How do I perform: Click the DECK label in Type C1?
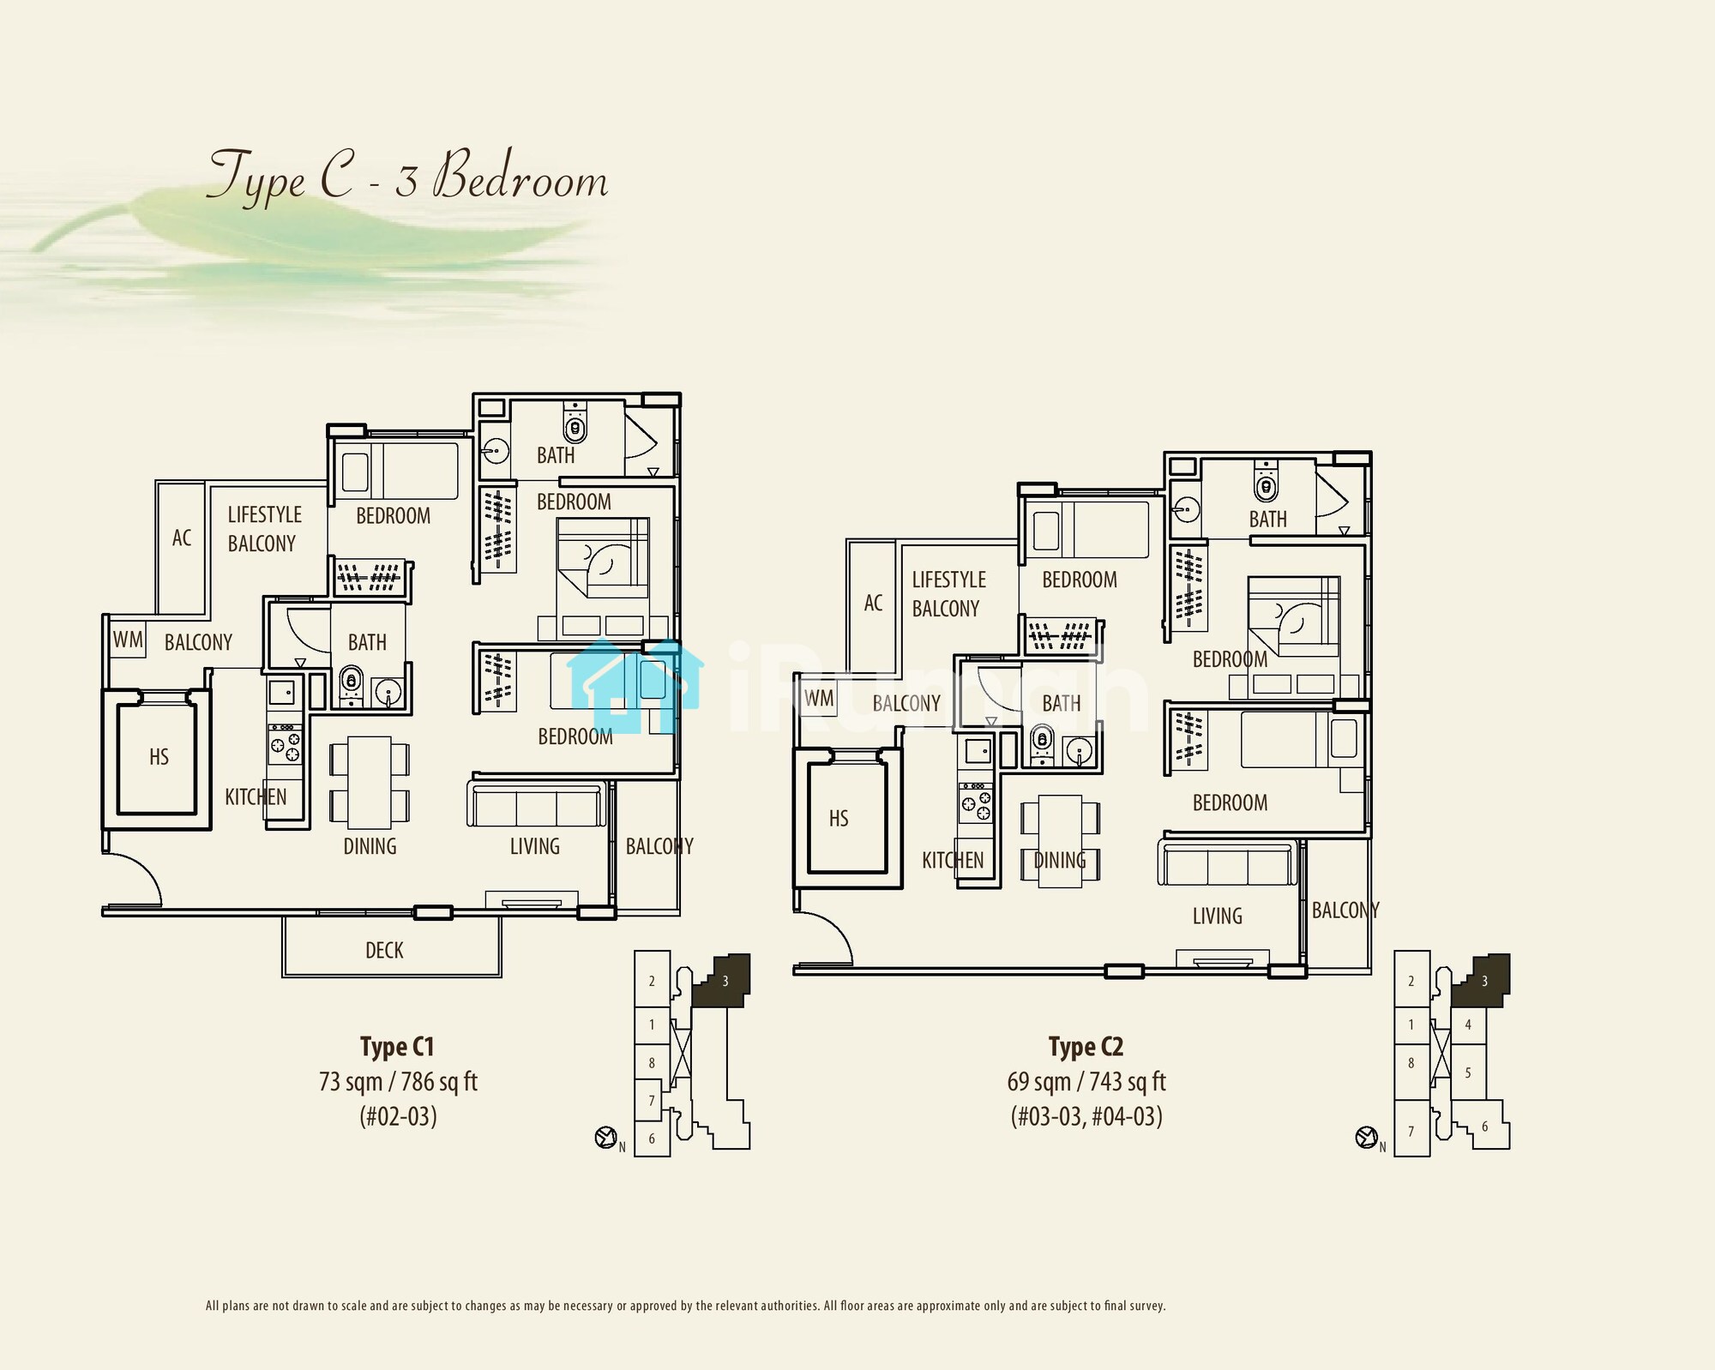click(x=384, y=950)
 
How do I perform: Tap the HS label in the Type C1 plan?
click(x=159, y=757)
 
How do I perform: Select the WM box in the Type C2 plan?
click(x=819, y=698)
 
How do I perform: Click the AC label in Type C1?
click(x=182, y=538)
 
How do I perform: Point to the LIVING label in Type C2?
click(x=1217, y=916)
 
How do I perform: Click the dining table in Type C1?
click(x=370, y=782)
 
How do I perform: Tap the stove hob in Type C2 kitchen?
click(x=976, y=802)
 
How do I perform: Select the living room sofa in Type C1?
click(x=537, y=803)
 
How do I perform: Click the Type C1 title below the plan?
click(x=397, y=1047)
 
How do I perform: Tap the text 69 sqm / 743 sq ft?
click(x=1086, y=1082)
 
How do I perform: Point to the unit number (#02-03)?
click(x=398, y=1116)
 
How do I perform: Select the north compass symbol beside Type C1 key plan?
click(x=606, y=1138)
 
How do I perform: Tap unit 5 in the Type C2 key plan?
click(x=1468, y=1073)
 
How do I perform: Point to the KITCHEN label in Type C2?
click(x=953, y=861)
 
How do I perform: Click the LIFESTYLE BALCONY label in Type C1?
click(x=264, y=529)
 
